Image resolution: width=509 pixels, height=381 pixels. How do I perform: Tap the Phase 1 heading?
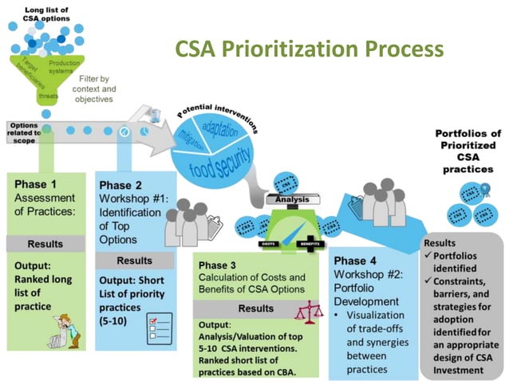[x=36, y=183]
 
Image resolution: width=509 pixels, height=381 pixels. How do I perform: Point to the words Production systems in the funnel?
[x=64, y=67]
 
